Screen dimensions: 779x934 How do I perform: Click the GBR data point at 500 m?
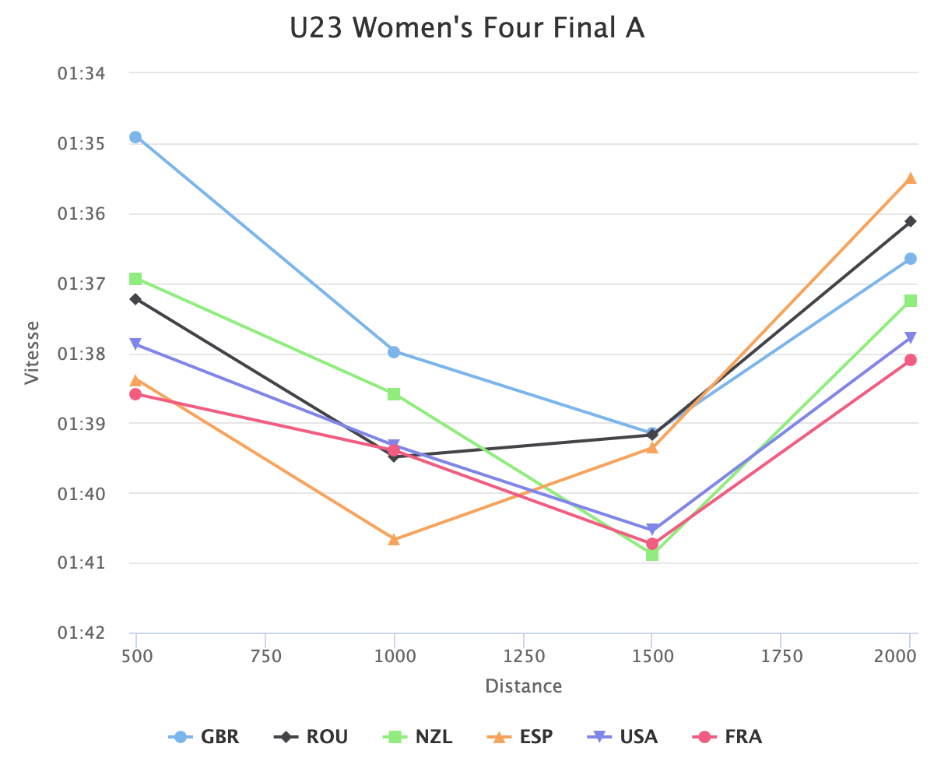[135, 137]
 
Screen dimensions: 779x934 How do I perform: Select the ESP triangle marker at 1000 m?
[394, 539]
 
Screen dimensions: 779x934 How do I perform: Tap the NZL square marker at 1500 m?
[652, 554]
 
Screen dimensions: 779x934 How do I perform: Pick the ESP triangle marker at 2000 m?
[911, 178]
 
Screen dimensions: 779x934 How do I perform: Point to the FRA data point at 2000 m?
[911, 360]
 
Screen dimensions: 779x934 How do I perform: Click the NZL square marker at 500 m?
[135, 278]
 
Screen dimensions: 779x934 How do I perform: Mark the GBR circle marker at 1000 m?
[394, 351]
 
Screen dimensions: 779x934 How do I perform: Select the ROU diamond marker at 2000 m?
[911, 221]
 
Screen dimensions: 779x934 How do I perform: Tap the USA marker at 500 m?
[135, 344]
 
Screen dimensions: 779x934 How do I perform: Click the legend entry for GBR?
[205, 737]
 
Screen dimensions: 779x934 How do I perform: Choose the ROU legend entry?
[311, 737]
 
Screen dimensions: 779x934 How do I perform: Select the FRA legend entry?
[728, 737]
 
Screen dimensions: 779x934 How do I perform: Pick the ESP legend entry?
[521, 737]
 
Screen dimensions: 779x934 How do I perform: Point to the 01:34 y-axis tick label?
[82, 73]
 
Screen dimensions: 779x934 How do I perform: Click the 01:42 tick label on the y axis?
[82, 633]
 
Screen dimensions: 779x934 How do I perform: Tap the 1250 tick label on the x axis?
[523, 657]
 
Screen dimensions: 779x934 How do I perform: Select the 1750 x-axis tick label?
[781, 657]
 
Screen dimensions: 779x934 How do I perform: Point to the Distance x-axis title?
[523, 686]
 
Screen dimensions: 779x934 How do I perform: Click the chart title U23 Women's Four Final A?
[467, 29]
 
